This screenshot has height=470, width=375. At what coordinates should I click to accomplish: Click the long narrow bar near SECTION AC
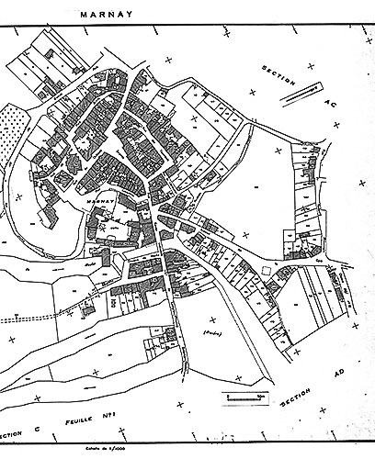point(301,90)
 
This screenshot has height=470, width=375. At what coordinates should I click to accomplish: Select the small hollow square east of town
point(267,268)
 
